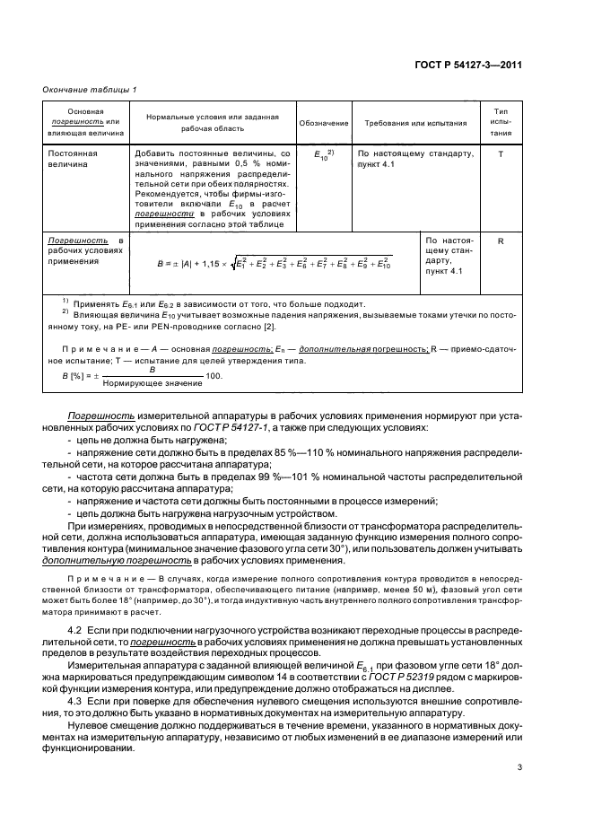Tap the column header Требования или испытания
click(x=411, y=123)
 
